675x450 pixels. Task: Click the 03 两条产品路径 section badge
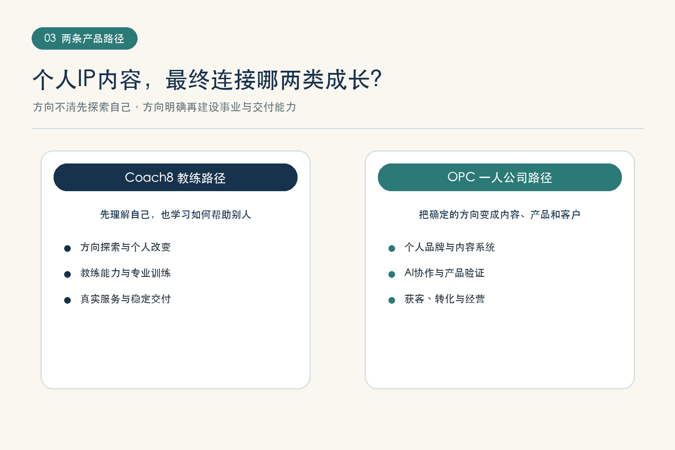84,38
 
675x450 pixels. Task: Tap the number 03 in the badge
50,38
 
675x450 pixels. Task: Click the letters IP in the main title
87,78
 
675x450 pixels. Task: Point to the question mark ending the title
377,79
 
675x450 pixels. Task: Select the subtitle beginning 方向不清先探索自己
164,107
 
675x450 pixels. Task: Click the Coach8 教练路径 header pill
175,177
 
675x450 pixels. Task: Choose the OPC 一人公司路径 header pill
500,177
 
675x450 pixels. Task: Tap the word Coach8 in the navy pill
149,177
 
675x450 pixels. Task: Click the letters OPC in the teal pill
461,177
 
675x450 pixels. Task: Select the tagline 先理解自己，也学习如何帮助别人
175,214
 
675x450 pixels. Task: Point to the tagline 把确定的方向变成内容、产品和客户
500,214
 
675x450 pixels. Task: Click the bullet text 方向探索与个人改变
125,247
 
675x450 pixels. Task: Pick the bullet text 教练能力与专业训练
125,273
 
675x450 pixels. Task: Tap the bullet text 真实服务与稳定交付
125,299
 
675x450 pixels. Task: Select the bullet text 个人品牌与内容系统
450,247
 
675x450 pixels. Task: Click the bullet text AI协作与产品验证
444,273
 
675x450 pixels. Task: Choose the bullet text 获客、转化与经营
444,299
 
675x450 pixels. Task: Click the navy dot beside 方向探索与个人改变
68,248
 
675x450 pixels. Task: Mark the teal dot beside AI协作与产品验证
392,274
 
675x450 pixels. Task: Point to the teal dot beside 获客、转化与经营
392,300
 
